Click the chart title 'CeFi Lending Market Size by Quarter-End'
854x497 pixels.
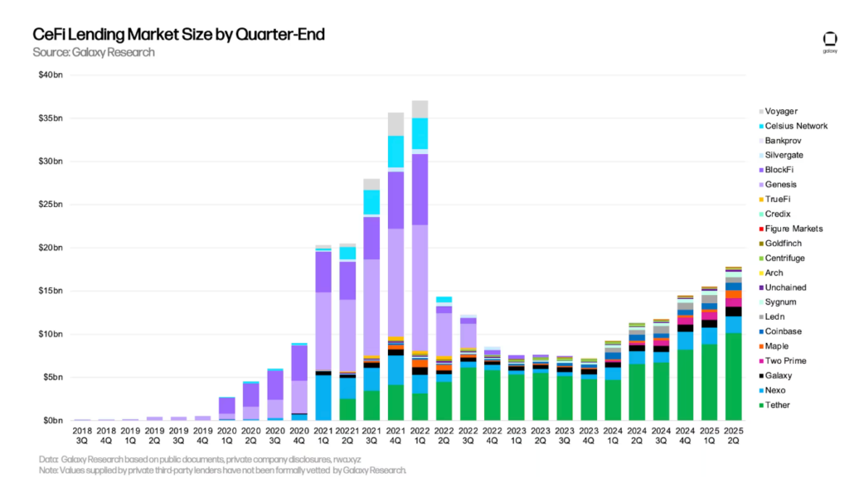coord(177,35)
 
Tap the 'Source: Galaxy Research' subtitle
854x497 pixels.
coord(93,52)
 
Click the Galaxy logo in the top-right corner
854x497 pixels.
coord(829,41)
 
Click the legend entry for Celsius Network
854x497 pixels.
coord(796,126)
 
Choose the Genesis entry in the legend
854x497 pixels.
coord(783,185)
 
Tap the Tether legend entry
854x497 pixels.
coord(779,405)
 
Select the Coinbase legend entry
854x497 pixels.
coord(785,331)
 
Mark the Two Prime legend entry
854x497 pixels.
coord(786,361)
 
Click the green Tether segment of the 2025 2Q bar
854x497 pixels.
coord(733,377)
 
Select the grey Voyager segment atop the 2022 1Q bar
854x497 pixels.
coord(420,109)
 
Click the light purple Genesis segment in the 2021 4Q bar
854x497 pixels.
coord(395,282)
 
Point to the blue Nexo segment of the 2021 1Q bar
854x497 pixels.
coord(323,398)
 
